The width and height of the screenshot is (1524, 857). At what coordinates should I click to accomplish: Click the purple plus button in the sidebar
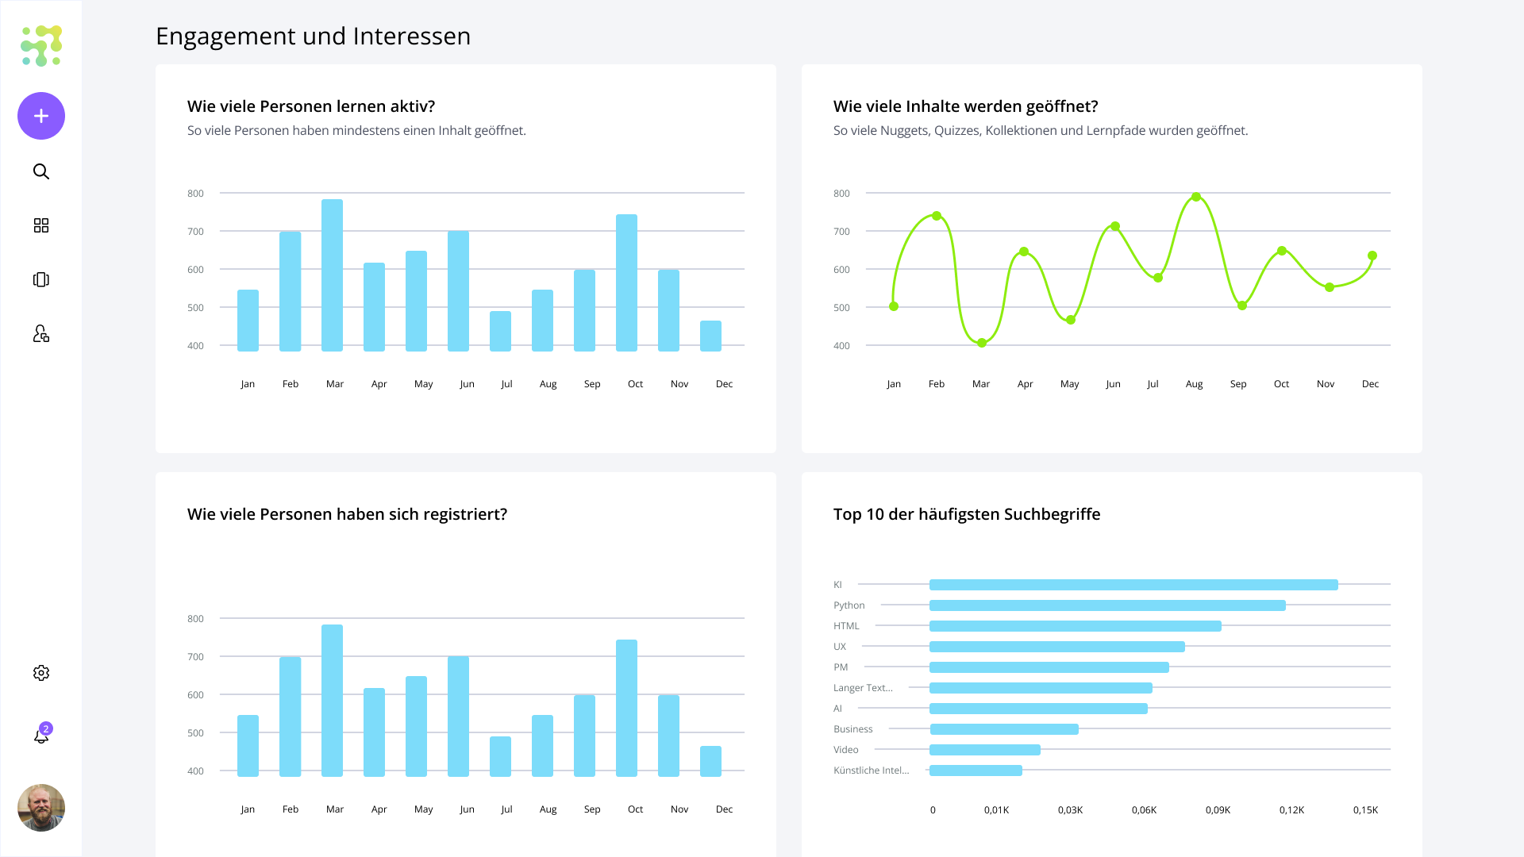[41, 116]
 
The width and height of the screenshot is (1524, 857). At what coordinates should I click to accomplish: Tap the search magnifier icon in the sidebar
[41, 171]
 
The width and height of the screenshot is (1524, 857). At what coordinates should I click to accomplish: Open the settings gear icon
[41, 673]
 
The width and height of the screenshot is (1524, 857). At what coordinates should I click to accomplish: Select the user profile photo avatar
[41, 808]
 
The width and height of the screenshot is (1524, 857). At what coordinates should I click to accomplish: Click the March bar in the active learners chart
[332, 275]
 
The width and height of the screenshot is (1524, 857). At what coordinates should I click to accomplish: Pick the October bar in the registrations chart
[626, 708]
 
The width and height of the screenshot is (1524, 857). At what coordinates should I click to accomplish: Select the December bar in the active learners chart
[710, 336]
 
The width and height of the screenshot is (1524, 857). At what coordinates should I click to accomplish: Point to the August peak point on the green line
[1196, 197]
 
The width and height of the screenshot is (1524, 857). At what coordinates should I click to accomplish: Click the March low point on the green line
[982, 343]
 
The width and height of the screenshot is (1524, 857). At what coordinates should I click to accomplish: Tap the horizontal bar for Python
[1107, 605]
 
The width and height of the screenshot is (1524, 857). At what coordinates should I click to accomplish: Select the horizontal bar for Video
[985, 750]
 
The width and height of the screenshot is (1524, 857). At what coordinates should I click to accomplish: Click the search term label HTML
[846, 626]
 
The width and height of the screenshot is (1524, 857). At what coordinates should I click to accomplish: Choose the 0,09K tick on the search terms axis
[1218, 810]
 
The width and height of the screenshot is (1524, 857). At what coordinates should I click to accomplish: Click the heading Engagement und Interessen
[313, 37]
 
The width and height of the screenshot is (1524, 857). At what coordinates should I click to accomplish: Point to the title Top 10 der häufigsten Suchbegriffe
[967, 514]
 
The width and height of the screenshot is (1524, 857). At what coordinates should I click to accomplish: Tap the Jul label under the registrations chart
[506, 809]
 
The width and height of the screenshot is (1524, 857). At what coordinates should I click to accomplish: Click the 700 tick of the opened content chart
[841, 232]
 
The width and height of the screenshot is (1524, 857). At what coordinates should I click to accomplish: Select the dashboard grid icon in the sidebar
[41, 225]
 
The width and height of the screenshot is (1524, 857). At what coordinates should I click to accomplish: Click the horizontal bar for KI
[1133, 585]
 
